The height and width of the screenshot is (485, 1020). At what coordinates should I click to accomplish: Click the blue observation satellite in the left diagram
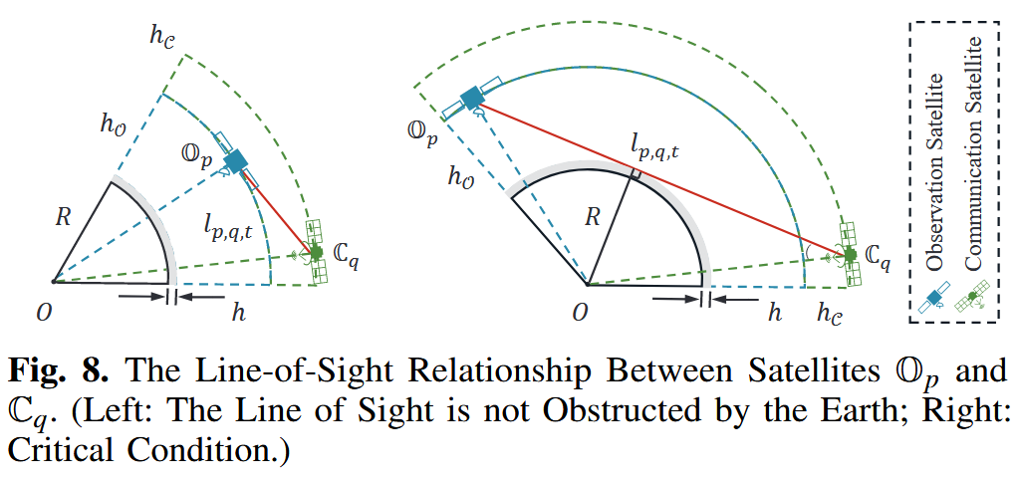point(236,161)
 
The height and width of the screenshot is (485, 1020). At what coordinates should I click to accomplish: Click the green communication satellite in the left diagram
point(317,253)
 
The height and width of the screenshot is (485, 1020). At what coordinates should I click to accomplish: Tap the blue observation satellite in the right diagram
point(470,100)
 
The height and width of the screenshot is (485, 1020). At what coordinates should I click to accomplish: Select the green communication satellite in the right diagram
point(850,255)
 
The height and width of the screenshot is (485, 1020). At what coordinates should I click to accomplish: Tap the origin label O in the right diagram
point(581,315)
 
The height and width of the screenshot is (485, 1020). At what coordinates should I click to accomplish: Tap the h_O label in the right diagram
point(464,178)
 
